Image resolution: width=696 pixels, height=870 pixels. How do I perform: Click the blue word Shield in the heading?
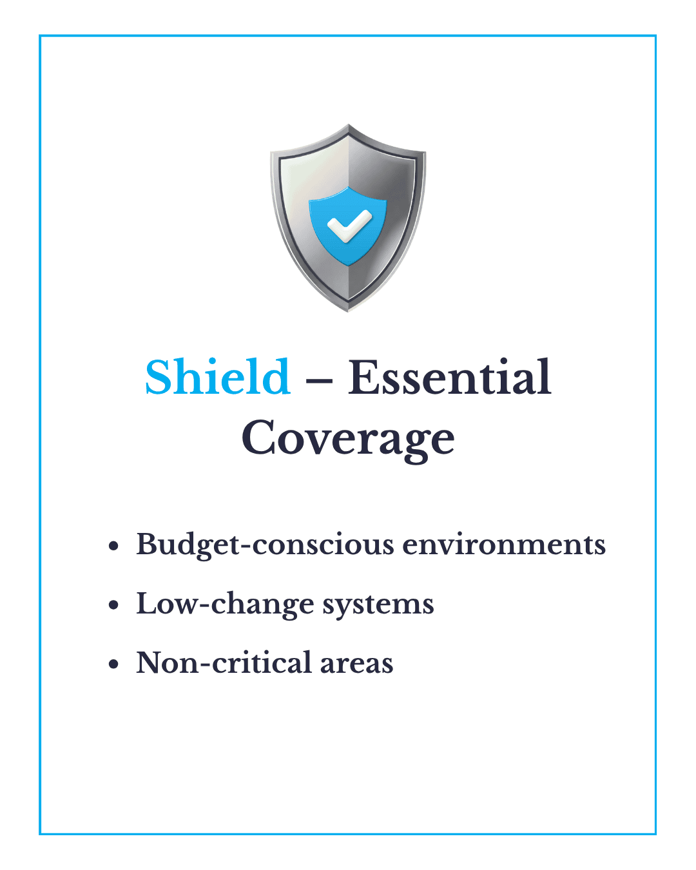pyautogui.click(x=218, y=377)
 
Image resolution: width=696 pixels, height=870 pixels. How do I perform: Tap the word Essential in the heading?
pyautogui.click(x=449, y=377)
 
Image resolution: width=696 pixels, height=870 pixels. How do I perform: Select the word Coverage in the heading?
pyautogui.click(x=348, y=440)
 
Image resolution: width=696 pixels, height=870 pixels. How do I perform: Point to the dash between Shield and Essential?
pyautogui.click(x=319, y=380)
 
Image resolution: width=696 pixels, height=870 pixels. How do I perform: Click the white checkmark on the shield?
pyautogui.click(x=349, y=226)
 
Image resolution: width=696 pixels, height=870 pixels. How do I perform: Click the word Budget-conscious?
pyautogui.click(x=265, y=546)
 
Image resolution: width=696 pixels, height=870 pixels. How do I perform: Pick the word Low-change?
pyautogui.click(x=225, y=604)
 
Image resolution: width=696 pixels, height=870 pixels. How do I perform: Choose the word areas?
pyautogui.click(x=356, y=664)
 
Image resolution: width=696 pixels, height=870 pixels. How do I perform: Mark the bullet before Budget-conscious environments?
pyautogui.click(x=113, y=546)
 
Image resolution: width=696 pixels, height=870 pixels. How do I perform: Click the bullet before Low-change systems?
pyautogui.click(x=113, y=605)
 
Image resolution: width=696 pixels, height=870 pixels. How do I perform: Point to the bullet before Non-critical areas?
pyautogui.click(x=113, y=664)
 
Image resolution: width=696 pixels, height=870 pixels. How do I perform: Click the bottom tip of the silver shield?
pyautogui.click(x=348, y=312)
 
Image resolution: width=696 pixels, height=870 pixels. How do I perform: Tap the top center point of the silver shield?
pyautogui.click(x=348, y=124)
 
